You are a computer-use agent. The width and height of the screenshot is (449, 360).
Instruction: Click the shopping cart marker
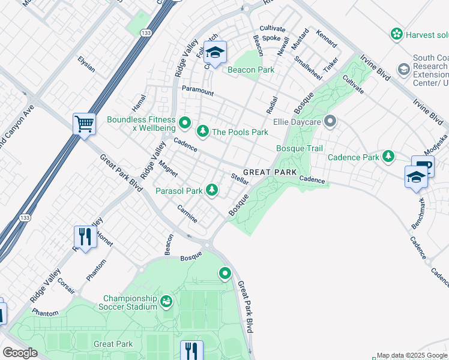coord(85,124)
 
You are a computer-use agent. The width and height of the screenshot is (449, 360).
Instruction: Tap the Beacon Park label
coord(251,70)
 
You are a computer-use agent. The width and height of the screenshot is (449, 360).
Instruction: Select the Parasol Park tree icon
coord(211,190)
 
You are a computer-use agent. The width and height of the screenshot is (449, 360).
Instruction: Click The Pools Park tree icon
coord(203,131)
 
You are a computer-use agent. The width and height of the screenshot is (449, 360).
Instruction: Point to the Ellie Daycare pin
coord(330,122)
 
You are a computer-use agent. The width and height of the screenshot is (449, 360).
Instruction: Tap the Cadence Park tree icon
coord(388,157)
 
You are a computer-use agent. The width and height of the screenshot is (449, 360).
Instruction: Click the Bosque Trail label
coord(299,148)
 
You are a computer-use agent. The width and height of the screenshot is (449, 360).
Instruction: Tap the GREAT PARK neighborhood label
coord(270,172)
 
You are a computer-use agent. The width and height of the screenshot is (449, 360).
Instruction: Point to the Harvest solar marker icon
coord(396,34)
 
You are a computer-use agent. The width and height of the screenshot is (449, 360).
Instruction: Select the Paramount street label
coord(198,91)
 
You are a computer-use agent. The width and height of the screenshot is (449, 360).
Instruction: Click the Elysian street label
coord(86,64)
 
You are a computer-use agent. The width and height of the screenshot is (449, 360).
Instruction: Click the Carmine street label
coord(187,214)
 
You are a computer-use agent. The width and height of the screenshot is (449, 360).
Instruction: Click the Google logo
coord(20,353)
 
